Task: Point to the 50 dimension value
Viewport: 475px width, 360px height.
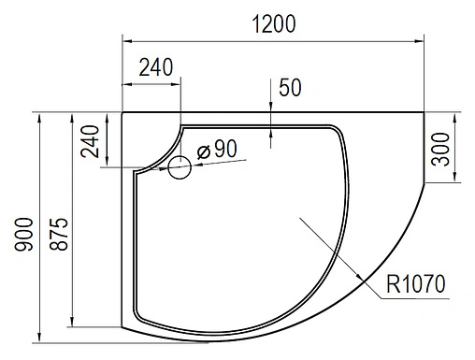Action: pyautogui.click(x=290, y=88)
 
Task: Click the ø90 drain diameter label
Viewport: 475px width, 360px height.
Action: pyautogui.click(x=217, y=148)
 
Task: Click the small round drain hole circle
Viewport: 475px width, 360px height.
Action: pyautogui.click(x=180, y=167)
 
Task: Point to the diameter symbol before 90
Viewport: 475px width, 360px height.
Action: pyautogui.click(x=203, y=149)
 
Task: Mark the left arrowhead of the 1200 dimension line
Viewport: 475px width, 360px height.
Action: pyautogui.click(x=127, y=40)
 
